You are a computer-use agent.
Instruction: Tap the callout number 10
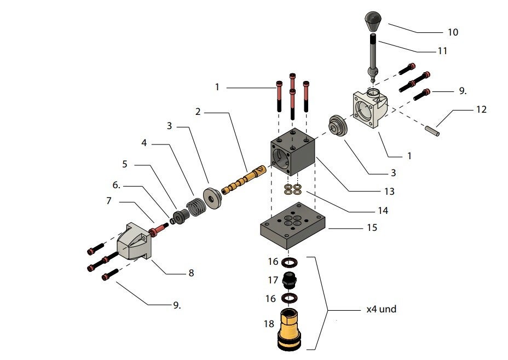[x=452, y=32]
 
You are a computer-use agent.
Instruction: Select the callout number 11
[x=442, y=51]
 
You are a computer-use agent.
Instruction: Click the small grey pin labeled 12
[x=431, y=131]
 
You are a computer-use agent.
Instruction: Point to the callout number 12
[x=481, y=109]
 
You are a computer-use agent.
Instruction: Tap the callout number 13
[x=389, y=191]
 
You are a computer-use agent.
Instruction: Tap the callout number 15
[x=372, y=227]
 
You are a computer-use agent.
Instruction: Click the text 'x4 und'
[x=381, y=309]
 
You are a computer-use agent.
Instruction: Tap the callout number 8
[x=190, y=272]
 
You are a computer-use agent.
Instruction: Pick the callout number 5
[x=125, y=164]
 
